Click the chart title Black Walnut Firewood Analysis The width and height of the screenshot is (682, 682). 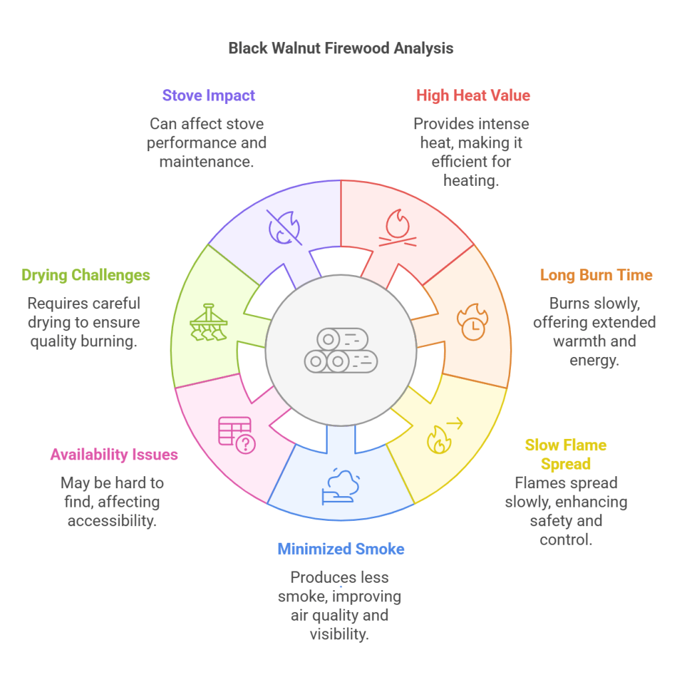coord(340,49)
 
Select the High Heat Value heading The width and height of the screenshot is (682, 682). coord(473,95)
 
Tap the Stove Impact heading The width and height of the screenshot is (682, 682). coord(208,95)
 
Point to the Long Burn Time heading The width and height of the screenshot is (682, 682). coord(596,275)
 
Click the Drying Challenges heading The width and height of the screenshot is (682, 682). coord(85,275)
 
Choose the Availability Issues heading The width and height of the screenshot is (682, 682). coord(114,455)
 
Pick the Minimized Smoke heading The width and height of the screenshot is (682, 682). coord(340,549)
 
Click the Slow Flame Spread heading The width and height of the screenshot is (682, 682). coord(565,454)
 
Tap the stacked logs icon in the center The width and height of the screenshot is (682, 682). coord(340,350)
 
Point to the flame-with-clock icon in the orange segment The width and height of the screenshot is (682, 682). coord(472,322)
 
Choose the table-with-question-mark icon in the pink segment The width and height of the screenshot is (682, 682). coord(237,435)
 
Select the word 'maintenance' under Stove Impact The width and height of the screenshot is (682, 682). coord(206,161)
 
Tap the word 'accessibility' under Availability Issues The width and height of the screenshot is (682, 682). coord(112,520)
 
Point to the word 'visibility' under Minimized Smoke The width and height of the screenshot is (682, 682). coord(339,633)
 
